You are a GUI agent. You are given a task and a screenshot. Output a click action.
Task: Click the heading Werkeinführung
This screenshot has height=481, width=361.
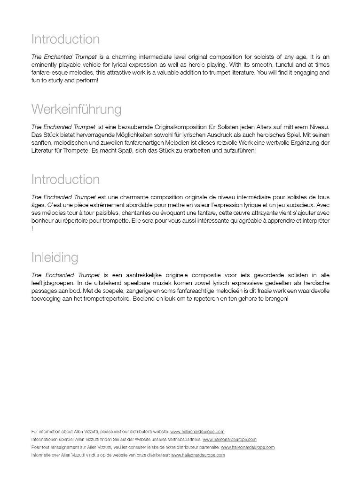(x=76, y=109)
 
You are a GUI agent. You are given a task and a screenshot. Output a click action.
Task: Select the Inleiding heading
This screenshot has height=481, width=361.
(x=55, y=257)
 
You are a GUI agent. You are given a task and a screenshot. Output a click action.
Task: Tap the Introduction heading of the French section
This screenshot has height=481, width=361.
(x=65, y=179)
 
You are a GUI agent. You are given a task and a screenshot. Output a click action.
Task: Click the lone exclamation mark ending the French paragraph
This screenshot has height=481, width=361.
(x=32, y=229)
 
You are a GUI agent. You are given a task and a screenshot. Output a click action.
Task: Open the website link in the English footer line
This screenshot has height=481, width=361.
(x=197, y=431)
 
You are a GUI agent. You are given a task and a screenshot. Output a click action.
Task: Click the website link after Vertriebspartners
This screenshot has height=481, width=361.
(x=229, y=439)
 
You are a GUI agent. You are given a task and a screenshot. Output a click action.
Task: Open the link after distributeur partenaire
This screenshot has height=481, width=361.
(x=248, y=447)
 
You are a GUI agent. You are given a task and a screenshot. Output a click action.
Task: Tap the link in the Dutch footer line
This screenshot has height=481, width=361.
(x=198, y=455)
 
